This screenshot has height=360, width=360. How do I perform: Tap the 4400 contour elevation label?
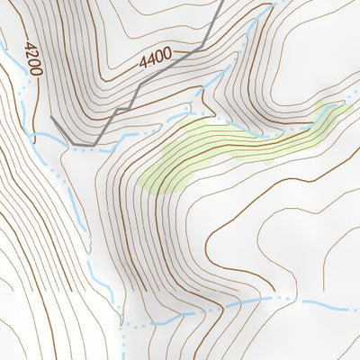coord(155,60)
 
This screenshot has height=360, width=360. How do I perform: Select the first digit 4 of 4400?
coord(143,66)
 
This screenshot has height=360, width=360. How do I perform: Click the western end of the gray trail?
coord(52,118)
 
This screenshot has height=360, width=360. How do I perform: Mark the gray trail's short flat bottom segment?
coord(83,143)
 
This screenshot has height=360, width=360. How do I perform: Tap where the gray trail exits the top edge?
coord(221,2)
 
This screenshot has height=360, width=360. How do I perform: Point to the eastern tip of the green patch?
coord(343,105)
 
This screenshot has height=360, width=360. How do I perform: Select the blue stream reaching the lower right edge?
coord(342,306)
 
